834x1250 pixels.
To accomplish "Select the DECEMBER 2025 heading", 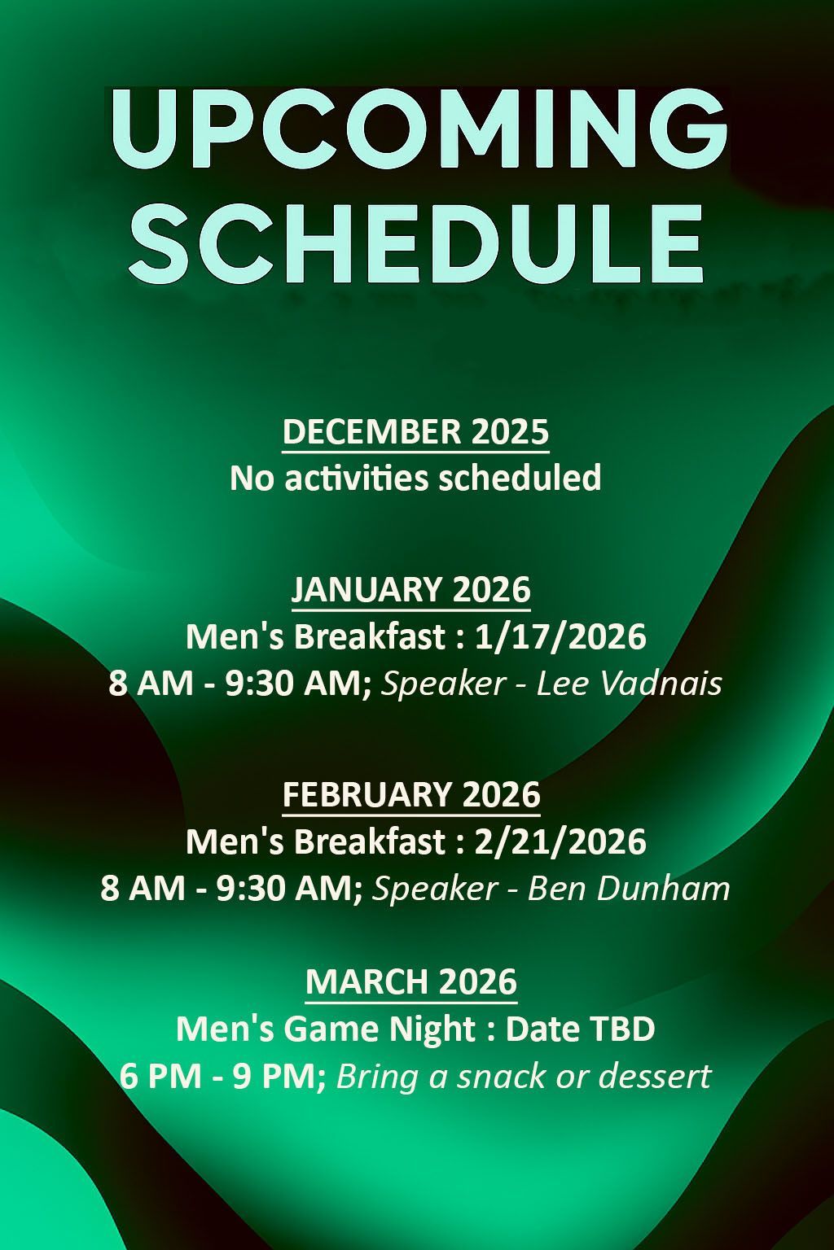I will [x=415, y=431].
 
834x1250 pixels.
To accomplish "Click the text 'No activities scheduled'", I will [x=415, y=478].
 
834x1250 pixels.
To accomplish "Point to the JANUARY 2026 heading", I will [x=411, y=588].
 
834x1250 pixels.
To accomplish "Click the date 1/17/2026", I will [x=560, y=636].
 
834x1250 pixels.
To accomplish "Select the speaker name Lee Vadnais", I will [x=630, y=683].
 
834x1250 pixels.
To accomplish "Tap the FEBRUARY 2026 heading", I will [x=411, y=793].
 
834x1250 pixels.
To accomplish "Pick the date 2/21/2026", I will [x=560, y=841].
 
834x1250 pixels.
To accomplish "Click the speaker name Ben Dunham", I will [x=629, y=888].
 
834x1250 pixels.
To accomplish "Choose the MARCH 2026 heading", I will [x=411, y=981].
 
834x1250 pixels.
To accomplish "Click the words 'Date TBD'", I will [x=580, y=1029].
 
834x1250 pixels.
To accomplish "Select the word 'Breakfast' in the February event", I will [x=370, y=841].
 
